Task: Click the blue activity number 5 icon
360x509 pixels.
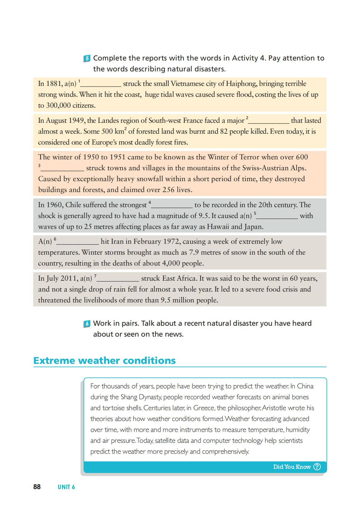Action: coord(87,59)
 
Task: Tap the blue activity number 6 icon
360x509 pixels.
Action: coord(87,324)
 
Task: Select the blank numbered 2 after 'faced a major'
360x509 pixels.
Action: coord(269,121)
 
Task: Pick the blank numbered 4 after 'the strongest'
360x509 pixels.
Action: coord(172,205)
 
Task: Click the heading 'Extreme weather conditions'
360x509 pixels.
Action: coord(104,361)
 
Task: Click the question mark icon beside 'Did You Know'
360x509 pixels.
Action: coord(317,467)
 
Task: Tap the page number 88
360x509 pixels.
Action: coord(37,487)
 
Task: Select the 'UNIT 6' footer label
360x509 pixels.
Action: coord(66,487)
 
